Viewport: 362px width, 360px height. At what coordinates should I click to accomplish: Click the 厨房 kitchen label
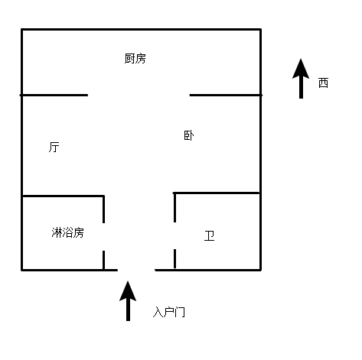click(x=135, y=58)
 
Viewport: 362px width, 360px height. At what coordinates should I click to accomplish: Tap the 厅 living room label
click(x=54, y=147)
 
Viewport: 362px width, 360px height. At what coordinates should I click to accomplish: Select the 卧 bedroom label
click(x=189, y=135)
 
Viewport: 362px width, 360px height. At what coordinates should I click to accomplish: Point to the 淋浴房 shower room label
click(x=67, y=232)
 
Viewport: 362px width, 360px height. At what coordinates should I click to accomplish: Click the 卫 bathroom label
click(x=209, y=235)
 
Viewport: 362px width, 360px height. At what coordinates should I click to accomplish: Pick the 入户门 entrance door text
click(x=169, y=312)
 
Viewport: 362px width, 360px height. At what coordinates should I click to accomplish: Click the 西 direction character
click(x=323, y=83)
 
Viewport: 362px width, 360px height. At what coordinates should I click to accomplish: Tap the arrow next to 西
click(x=301, y=79)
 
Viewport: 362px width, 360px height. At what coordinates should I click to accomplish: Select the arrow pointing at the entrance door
click(x=128, y=301)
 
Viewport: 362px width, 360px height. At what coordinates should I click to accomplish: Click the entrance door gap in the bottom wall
click(x=136, y=270)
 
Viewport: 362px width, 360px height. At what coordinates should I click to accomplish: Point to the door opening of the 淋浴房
click(x=103, y=237)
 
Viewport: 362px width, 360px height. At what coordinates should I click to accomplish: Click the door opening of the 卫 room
click(x=174, y=235)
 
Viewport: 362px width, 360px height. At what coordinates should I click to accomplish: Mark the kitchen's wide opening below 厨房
click(x=139, y=95)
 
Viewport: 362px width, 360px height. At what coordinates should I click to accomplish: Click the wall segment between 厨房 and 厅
click(x=54, y=95)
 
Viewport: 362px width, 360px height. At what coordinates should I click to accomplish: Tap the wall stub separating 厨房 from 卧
click(x=226, y=95)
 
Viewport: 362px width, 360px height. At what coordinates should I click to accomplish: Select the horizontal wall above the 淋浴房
click(x=64, y=196)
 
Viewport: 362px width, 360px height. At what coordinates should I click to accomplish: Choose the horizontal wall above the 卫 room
click(x=217, y=193)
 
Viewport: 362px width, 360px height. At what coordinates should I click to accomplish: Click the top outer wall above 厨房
click(x=141, y=30)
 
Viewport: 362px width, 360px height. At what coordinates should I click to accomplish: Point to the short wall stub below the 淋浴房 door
click(x=103, y=260)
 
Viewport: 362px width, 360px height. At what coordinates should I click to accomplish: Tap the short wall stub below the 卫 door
click(x=174, y=258)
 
